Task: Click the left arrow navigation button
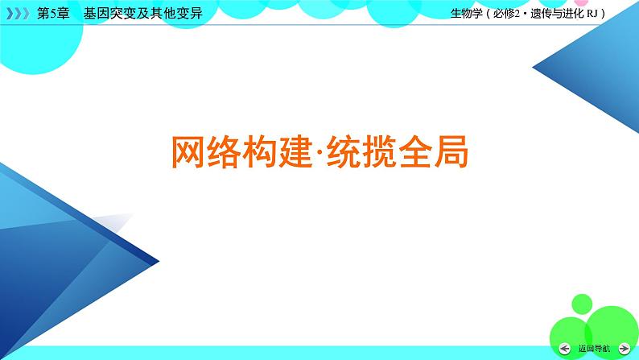coord(564,348)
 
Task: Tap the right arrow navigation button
coord(625,348)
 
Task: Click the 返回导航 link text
coord(594,348)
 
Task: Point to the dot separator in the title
coord(318,151)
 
